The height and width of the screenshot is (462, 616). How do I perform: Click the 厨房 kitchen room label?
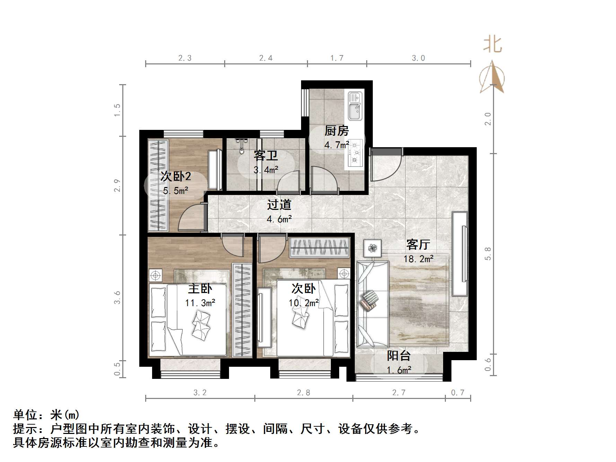336,131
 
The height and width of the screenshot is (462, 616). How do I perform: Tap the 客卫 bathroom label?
265,156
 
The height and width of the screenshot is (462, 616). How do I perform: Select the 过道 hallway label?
279,205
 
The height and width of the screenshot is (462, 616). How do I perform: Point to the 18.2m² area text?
419,259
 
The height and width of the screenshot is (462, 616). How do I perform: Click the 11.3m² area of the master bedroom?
200,303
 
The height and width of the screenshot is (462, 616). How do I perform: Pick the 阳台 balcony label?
398,356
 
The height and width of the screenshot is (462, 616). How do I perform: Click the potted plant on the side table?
373,248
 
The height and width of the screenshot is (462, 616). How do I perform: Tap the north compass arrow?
492,78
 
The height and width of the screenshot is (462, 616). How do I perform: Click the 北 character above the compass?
492,45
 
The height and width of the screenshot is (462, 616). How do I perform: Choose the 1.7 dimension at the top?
337,58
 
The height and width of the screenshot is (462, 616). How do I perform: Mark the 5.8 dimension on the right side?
488,254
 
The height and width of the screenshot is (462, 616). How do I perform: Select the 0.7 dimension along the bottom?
458,392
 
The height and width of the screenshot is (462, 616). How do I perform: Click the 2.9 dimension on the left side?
117,185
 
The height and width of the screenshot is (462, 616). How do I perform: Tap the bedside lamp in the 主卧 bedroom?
156,276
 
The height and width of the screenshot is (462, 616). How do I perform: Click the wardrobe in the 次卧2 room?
158,185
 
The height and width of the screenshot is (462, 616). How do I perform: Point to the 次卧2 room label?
176,177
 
